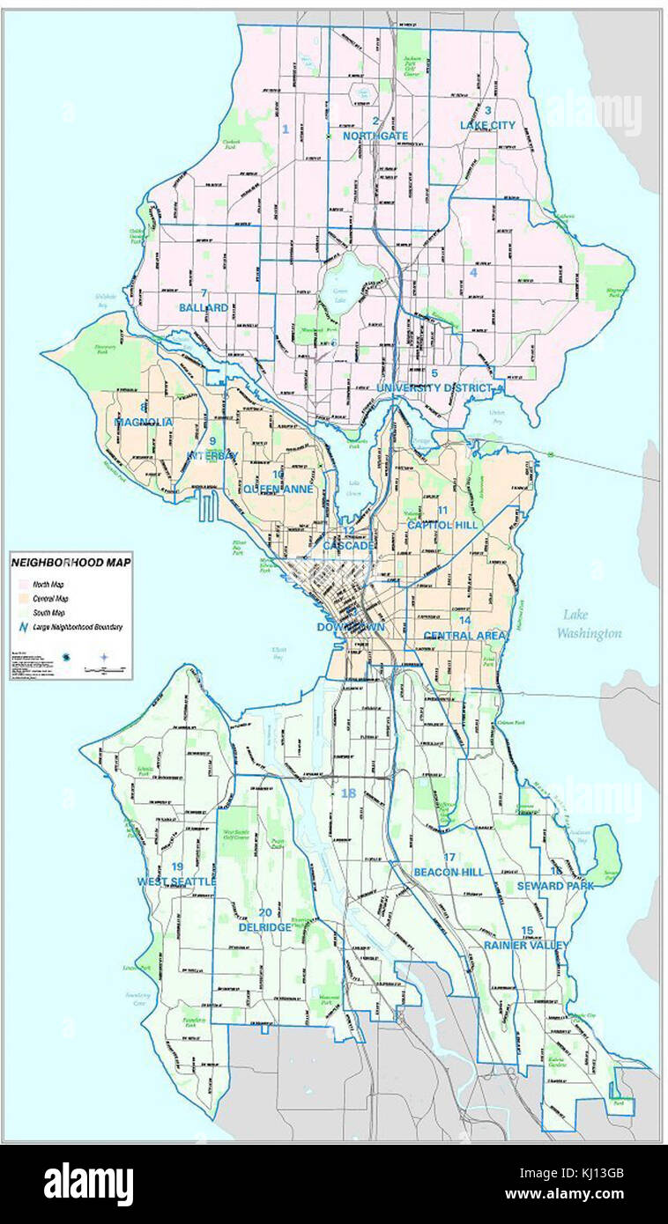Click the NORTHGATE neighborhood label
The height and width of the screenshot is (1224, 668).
375,136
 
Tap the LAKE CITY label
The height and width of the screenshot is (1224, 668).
487,126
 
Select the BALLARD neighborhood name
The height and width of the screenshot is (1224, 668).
204,308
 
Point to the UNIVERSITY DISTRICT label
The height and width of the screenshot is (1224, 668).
434,387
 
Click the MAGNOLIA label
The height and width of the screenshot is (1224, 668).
144,423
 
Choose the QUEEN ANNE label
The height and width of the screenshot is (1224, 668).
278,489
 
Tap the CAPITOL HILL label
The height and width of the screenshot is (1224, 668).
442,525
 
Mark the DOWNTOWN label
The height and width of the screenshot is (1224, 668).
351,627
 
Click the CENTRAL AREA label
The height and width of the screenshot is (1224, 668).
465,636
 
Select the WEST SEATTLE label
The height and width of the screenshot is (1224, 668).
177,881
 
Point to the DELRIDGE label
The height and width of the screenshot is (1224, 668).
264,928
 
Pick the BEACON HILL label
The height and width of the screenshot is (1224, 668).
449,872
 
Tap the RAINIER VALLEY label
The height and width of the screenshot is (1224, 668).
526,945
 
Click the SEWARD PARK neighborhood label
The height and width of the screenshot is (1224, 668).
555,885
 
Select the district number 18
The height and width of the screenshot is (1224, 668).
348,794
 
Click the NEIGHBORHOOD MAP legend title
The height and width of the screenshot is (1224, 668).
71,562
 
